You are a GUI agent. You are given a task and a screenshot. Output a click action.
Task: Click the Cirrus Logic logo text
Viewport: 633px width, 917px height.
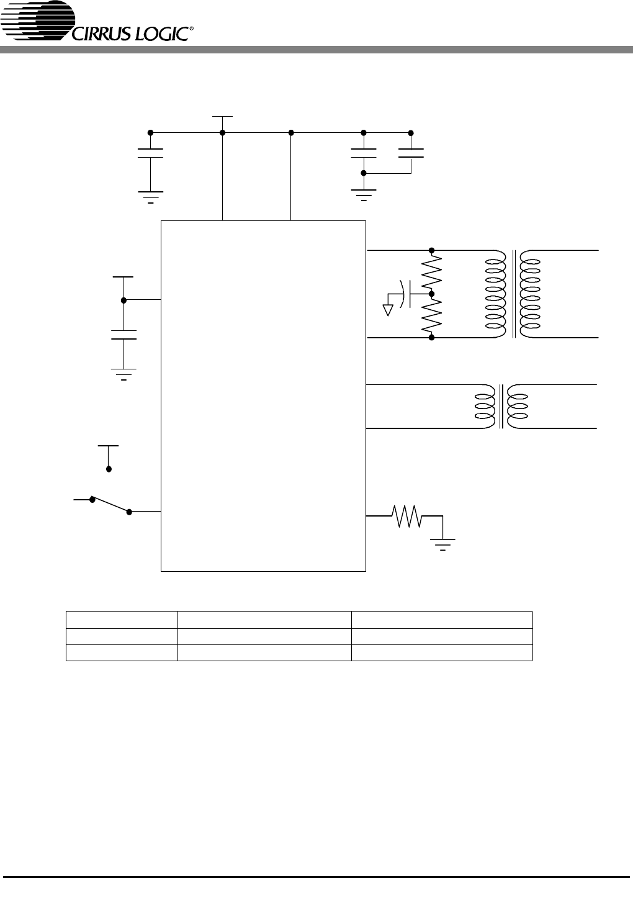(x=131, y=34)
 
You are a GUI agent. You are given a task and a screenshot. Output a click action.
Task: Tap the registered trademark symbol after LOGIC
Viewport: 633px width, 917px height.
(x=192, y=29)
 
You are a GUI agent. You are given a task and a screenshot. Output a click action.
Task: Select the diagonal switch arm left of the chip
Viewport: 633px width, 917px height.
(x=111, y=505)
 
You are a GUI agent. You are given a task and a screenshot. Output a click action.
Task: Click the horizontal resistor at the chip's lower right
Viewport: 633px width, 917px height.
(x=406, y=516)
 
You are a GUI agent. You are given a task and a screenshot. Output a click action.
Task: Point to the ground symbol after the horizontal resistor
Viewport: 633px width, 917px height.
(x=442, y=544)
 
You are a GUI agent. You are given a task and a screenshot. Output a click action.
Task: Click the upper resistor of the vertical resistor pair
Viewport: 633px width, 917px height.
(x=432, y=271)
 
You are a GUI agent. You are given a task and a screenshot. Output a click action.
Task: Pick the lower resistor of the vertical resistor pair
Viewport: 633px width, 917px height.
(x=432, y=315)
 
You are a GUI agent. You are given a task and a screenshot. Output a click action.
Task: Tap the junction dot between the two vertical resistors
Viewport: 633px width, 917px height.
(x=431, y=294)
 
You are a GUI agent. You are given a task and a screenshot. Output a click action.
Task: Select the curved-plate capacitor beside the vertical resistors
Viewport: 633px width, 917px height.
(x=406, y=294)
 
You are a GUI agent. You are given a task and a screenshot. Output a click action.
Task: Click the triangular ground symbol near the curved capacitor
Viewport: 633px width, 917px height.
(x=388, y=310)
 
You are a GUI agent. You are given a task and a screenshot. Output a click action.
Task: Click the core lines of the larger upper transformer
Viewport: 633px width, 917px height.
(x=513, y=294)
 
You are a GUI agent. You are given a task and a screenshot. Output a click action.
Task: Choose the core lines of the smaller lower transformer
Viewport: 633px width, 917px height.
(x=501, y=407)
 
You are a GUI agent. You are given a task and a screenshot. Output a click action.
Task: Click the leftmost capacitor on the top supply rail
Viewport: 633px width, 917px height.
(x=151, y=153)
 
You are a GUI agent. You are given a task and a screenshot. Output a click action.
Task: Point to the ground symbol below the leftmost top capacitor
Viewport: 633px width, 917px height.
(x=151, y=197)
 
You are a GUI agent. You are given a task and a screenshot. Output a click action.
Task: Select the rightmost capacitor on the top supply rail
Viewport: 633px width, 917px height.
(x=411, y=153)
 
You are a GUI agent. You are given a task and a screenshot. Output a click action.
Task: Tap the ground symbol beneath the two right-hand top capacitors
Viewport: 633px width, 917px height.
(x=363, y=196)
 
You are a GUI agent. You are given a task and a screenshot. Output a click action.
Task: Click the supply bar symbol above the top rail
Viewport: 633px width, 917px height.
(x=223, y=117)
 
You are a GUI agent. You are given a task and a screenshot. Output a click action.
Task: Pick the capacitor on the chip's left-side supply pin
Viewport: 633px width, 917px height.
(x=123, y=335)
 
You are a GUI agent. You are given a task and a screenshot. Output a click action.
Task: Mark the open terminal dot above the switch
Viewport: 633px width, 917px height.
(x=109, y=469)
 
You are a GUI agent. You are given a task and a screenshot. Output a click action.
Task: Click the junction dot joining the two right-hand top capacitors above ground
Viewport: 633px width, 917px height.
(x=363, y=173)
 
